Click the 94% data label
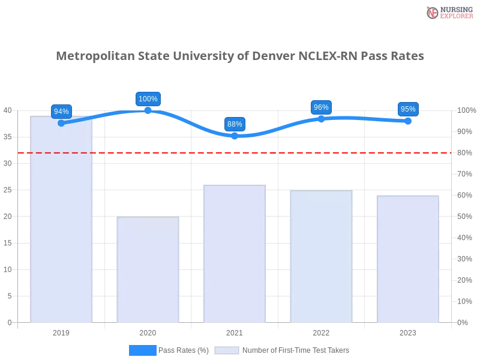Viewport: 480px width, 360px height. (61, 111)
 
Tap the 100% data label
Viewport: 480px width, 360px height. (148, 99)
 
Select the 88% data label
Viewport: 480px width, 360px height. (235, 124)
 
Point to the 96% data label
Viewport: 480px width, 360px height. (321, 107)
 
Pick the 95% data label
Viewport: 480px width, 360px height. (408, 109)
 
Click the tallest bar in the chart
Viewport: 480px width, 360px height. (62, 219)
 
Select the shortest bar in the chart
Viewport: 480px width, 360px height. (148, 270)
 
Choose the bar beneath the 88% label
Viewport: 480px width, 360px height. (235, 253)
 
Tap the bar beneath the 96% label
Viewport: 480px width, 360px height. (321, 256)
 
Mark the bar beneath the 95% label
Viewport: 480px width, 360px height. (408, 259)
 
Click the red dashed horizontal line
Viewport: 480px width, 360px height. (234, 152)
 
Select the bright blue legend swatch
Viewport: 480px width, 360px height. (142, 350)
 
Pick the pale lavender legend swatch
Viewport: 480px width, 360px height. (227, 350)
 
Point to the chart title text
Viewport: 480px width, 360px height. (240, 56)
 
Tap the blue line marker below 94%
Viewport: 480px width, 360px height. (61, 123)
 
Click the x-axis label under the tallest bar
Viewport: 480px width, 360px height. (62, 332)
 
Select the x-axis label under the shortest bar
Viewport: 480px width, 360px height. (148, 332)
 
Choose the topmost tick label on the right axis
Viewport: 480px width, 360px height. (464, 110)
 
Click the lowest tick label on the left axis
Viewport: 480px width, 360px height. (9, 322)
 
